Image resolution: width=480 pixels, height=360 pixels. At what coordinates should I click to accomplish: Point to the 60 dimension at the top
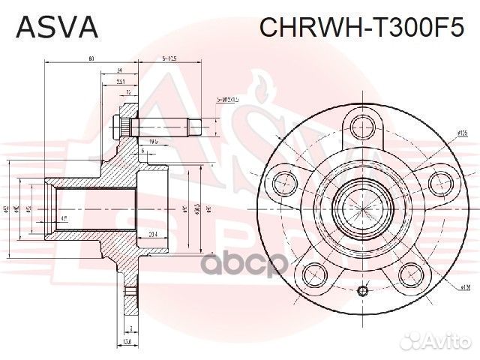tap(91, 58)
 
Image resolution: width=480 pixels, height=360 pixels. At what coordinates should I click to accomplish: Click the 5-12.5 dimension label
tap(169, 58)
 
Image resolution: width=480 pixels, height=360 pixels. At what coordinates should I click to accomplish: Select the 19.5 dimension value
tap(153, 141)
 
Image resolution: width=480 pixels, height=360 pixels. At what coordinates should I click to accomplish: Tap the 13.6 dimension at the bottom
tap(128, 342)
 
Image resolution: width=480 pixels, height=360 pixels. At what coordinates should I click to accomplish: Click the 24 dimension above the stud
tap(119, 70)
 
